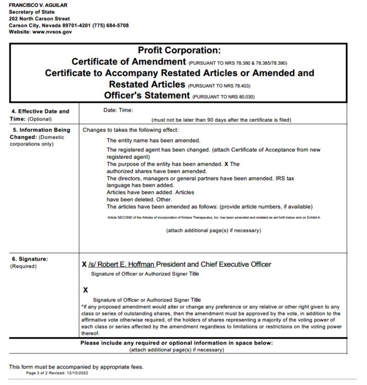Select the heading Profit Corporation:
[178, 51]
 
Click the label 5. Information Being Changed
[41, 133]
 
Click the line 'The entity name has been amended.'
[153, 141]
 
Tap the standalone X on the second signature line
[85, 290]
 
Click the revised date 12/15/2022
[78, 373]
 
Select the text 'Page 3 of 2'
[39, 373]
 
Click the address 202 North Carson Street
[39, 18]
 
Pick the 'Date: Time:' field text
[118, 110]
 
